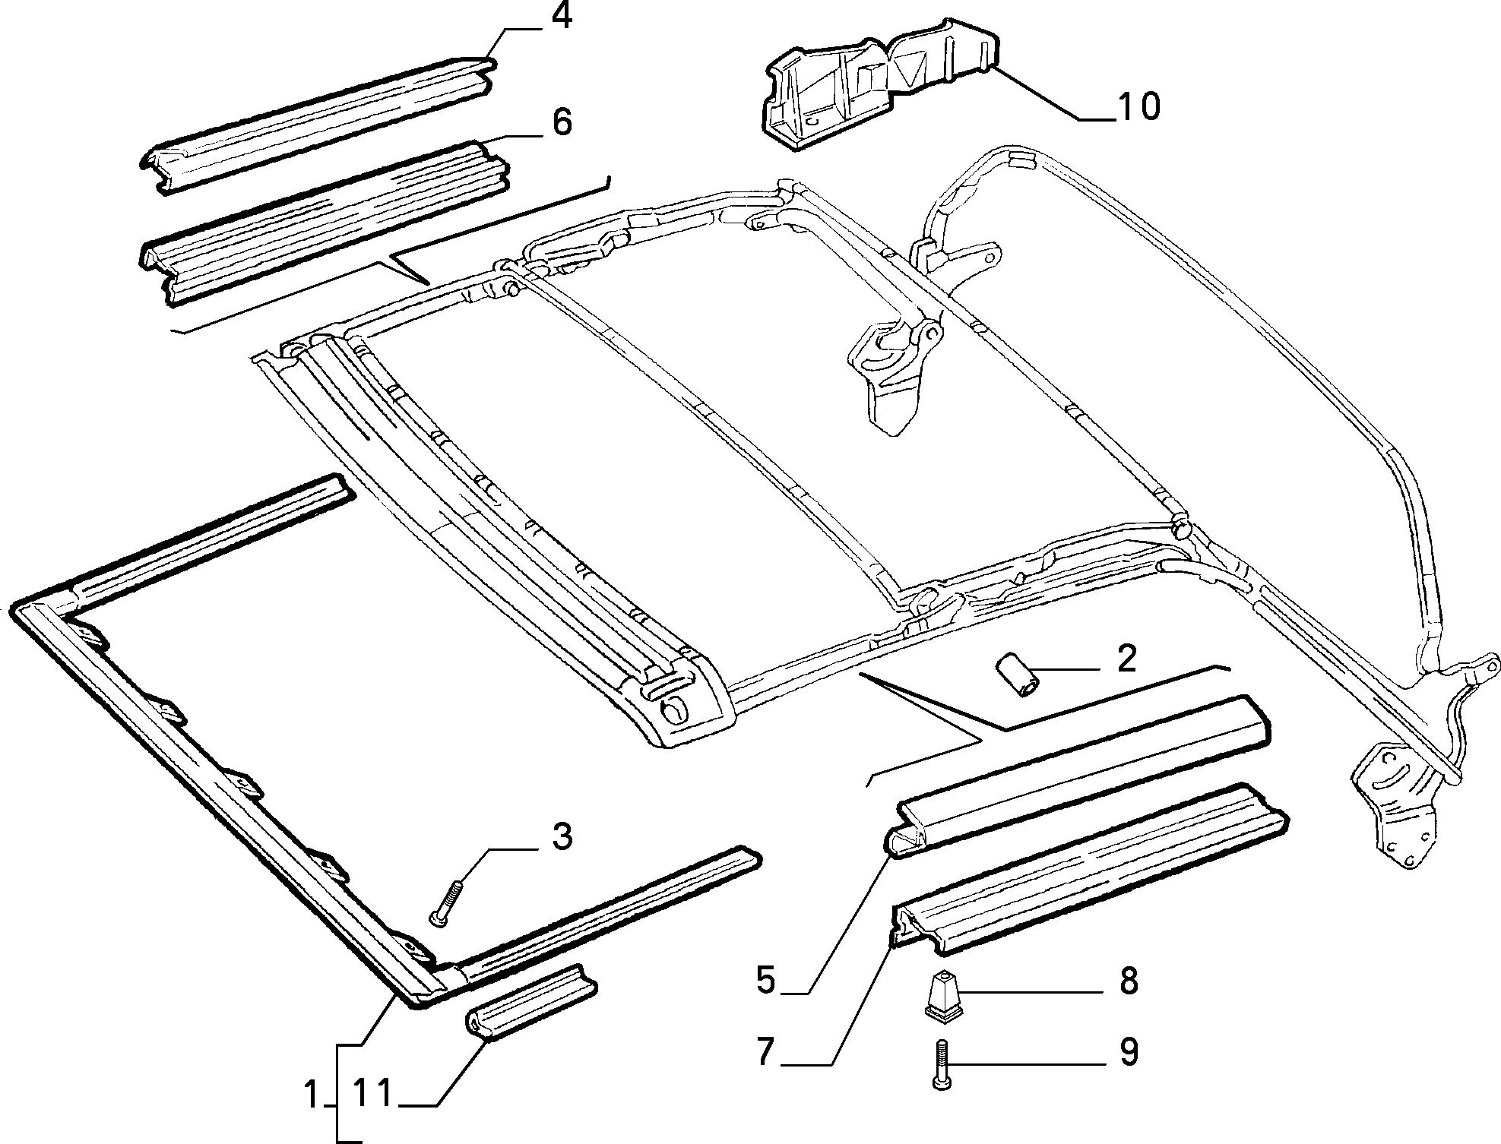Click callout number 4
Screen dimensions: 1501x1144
pos(561,17)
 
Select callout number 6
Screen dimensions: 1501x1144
pos(562,122)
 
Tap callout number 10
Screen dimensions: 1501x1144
pos(1138,106)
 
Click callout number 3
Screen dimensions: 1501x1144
pos(561,836)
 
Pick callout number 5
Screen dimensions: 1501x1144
pos(765,980)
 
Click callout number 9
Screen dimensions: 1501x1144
pos(1129,1052)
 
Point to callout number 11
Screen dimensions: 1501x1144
pos(372,1095)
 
